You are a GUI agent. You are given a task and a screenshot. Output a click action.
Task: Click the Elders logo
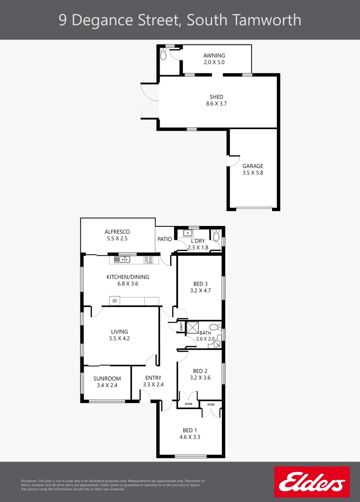(312, 482)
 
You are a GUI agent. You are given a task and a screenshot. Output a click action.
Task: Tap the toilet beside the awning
(163, 54)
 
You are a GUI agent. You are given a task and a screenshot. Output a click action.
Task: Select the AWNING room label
(214, 56)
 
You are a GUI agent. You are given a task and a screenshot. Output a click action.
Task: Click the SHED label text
(216, 97)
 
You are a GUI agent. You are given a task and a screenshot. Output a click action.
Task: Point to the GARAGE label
(253, 166)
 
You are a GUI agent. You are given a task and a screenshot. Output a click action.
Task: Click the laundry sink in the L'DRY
(188, 233)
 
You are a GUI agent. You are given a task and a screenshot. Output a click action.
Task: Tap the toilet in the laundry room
(216, 235)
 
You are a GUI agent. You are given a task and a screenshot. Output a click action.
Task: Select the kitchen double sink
(122, 259)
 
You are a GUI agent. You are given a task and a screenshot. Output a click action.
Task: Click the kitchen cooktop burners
(149, 259)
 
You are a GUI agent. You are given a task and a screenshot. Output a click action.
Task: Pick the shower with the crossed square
(192, 328)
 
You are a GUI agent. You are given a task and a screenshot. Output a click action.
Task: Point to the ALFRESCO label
(117, 231)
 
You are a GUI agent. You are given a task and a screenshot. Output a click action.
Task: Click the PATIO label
(165, 239)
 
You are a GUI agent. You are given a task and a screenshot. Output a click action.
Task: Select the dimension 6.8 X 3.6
(128, 284)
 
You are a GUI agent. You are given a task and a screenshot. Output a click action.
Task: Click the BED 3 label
(200, 284)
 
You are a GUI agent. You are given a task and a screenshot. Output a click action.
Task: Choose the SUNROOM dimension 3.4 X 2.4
(107, 385)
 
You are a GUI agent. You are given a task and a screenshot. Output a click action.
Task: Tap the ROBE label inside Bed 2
(188, 404)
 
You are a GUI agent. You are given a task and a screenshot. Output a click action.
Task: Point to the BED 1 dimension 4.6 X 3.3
(190, 437)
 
